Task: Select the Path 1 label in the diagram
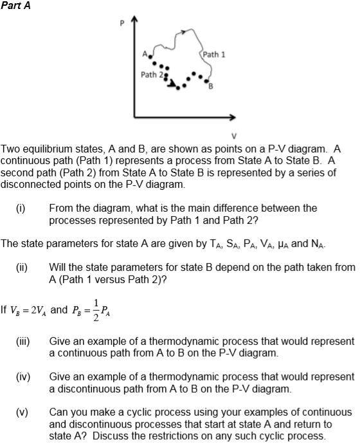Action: tap(214, 54)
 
